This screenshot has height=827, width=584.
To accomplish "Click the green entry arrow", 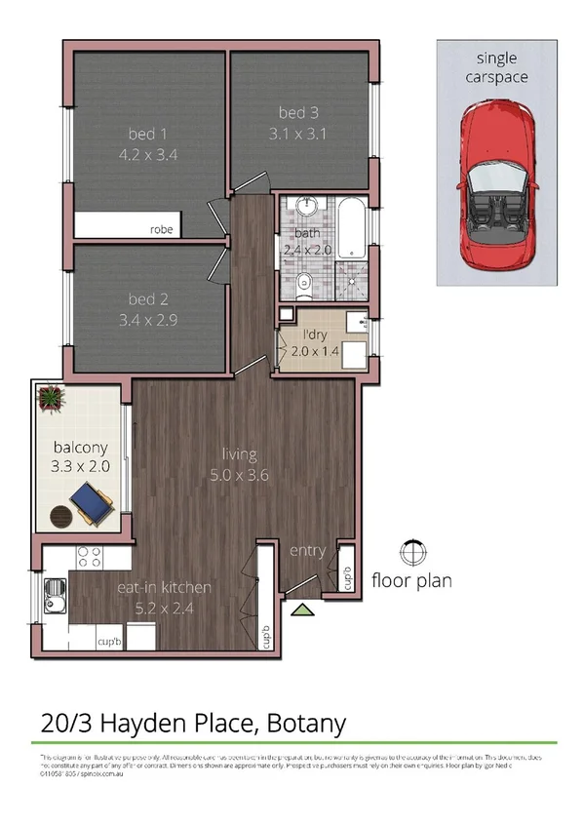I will (x=303, y=610).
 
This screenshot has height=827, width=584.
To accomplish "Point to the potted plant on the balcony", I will (x=50, y=396).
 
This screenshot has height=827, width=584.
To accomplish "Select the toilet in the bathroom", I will (x=303, y=284).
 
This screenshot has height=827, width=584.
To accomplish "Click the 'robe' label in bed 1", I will (x=161, y=230).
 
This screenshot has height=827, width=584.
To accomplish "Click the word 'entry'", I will (x=307, y=551).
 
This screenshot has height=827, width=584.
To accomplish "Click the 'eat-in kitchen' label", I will (x=164, y=587).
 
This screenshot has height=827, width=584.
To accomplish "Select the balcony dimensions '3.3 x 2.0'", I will (x=81, y=466).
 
